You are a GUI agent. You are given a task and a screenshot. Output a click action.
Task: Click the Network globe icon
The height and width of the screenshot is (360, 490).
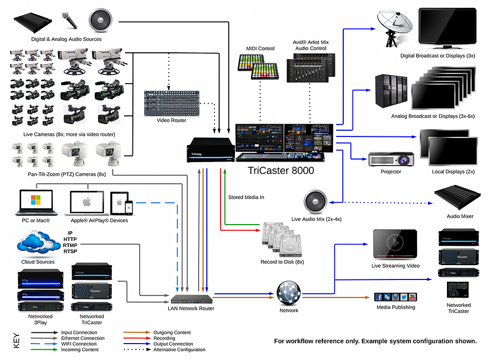[x=288, y=293]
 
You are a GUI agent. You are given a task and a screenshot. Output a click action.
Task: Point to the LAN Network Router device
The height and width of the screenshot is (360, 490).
[x=192, y=299]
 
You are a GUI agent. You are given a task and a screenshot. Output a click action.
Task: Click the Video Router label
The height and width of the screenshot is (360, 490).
[x=171, y=120]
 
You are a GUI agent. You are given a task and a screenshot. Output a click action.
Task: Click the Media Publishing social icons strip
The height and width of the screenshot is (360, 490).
[x=395, y=297]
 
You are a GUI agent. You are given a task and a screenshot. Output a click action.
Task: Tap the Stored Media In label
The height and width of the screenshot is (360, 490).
[x=246, y=197]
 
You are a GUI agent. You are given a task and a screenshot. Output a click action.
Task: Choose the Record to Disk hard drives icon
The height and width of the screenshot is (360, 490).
[x=282, y=240]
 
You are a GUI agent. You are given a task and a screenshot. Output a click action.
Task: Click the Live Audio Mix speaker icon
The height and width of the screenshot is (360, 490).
[x=315, y=203]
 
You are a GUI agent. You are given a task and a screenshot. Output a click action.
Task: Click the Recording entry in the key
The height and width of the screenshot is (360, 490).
[x=164, y=338]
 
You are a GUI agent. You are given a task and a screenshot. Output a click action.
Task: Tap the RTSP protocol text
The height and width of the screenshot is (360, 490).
[x=70, y=251]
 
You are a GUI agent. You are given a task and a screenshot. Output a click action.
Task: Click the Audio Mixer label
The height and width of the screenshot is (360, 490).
[x=460, y=216]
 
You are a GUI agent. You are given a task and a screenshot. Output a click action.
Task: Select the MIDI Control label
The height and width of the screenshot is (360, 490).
[x=260, y=49]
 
